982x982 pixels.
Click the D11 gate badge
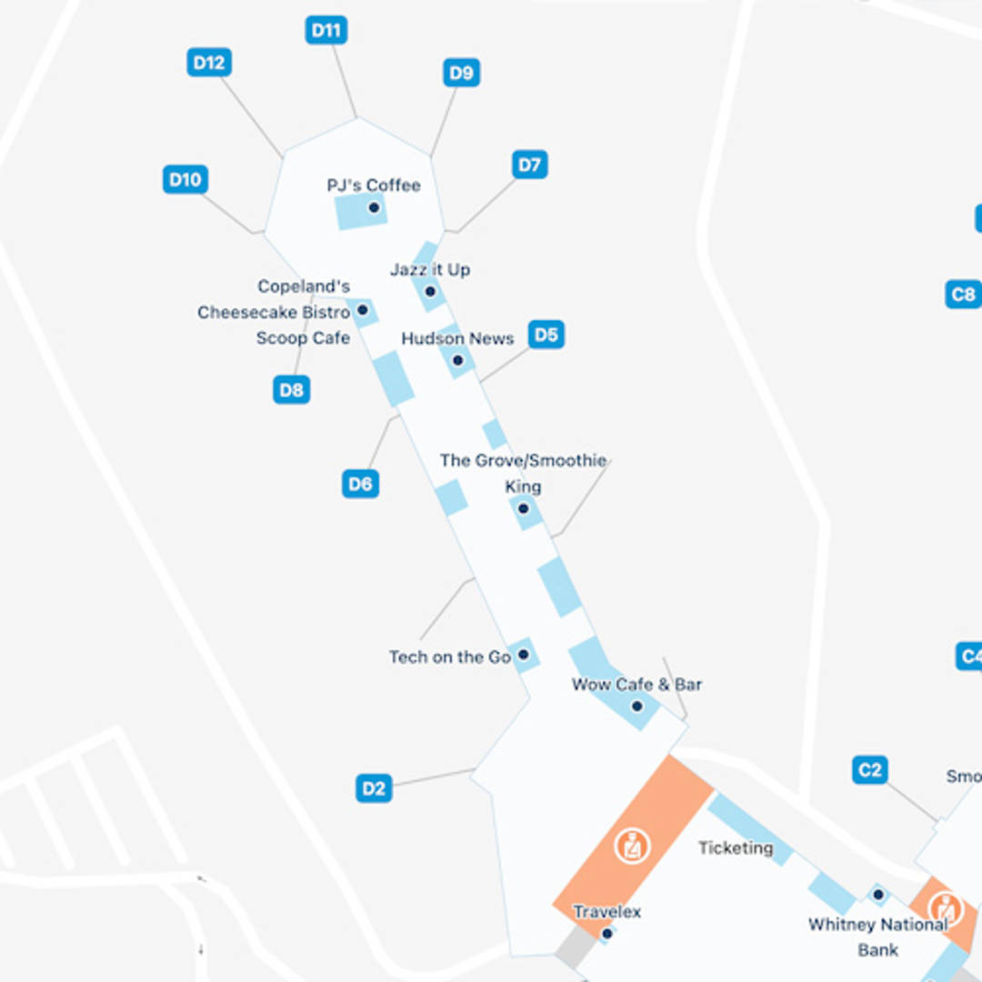[x=326, y=30]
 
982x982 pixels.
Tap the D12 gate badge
[x=208, y=63]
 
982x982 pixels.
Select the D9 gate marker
[x=462, y=73]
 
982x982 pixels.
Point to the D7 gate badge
[x=529, y=165]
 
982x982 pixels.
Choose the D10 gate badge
[x=185, y=179]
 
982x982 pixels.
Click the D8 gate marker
[x=291, y=390]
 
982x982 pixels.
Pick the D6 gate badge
[x=361, y=484]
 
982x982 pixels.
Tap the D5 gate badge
[x=546, y=335]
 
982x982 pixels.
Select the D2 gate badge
[x=374, y=788]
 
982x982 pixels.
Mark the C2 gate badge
[x=870, y=770]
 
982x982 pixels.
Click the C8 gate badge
[x=962, y=294]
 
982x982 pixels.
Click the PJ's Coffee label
[x=374, y=185]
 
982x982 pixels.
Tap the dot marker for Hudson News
[x=457, y=361]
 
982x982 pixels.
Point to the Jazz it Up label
[x=430, y=270]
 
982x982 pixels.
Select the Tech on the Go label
[x=449, y=656]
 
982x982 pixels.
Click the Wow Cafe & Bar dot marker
[x=636, y=706]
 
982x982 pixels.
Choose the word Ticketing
[x=736, y=847]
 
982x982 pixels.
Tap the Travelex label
[x=606, y=911]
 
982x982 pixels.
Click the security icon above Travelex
[x=631, y=846]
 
